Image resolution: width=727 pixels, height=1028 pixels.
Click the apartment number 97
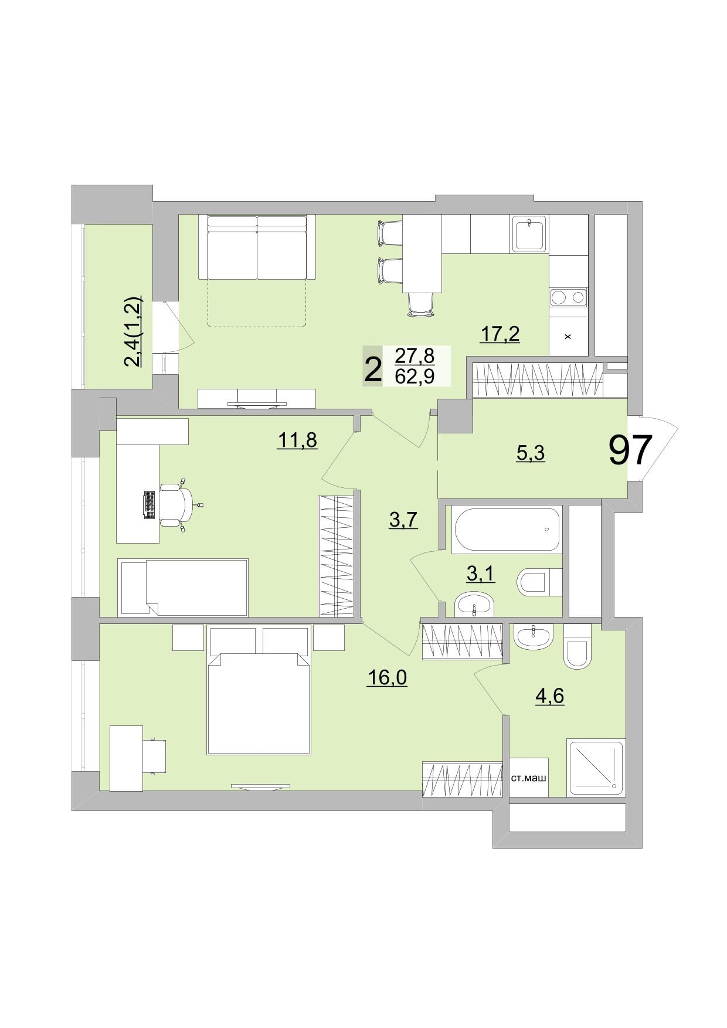630,450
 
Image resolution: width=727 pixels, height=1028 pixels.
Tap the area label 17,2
500,334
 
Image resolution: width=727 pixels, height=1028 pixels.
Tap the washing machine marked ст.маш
528,778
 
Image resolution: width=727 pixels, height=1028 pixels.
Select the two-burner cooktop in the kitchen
568,297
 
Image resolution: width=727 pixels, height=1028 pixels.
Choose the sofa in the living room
257,247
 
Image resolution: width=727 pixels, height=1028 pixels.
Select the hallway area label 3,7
403,519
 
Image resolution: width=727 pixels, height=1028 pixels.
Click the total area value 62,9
415,376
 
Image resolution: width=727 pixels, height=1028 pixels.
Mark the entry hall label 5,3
531,452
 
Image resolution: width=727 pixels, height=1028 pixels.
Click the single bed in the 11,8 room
183,586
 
